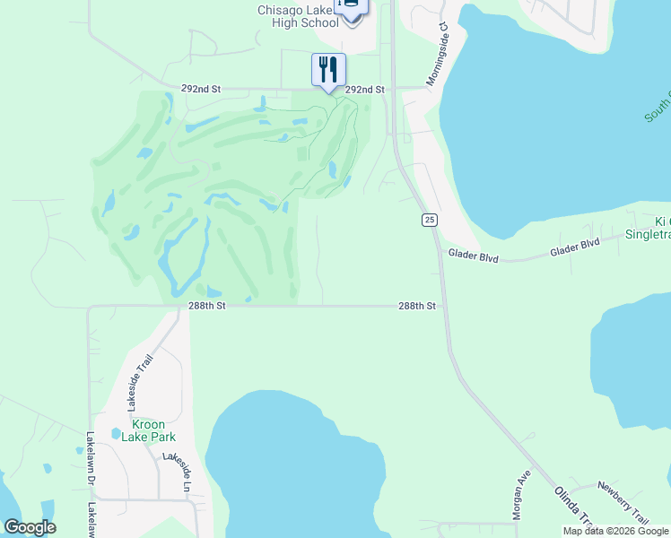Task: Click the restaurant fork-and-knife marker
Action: (x=328, y=70)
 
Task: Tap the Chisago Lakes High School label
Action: (x=298, y=16)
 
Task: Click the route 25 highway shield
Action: (x=431, y=220)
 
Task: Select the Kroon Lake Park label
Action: (x=141, y=430)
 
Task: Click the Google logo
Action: (x=30, y=527)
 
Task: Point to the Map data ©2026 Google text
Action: (x=615, y=531)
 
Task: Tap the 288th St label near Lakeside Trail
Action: (x=206, y=306)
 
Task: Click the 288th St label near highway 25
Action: (x=417, y=306)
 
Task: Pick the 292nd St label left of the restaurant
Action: (x=200, y=90)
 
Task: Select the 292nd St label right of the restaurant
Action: (x=365, y=90)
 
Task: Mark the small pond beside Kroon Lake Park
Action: (x=116, y=434)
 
